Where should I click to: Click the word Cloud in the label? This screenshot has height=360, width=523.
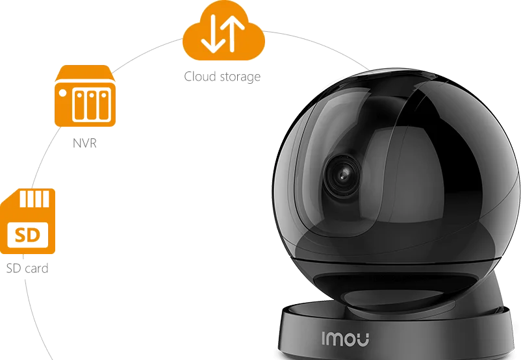pyautogui.click(x=198, y=77)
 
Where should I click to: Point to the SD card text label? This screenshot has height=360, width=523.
pyautogui.click(x=27, y=268)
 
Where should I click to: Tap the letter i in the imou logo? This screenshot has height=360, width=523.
pyautogui.click(x=325, y=337)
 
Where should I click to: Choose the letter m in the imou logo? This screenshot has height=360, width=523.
pyautogui.click(x=337, y=337)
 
